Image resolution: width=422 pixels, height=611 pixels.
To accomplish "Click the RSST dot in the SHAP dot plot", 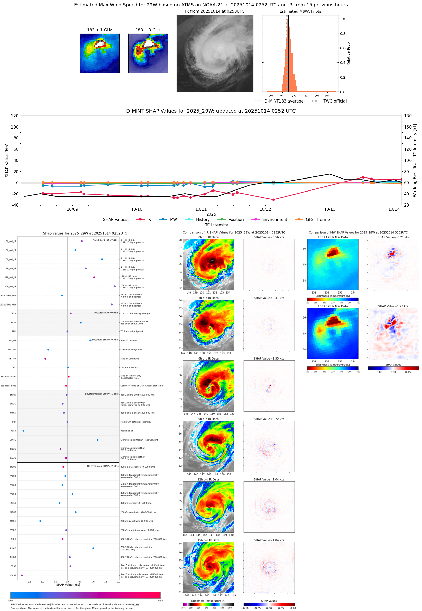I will pyautogui.click(x=23, y=431).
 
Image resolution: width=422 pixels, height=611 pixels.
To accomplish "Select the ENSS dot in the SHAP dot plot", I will pyautogui.click(x=22, y=575).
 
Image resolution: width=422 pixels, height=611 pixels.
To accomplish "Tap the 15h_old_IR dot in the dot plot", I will pyautogui.click(x=114, y=286).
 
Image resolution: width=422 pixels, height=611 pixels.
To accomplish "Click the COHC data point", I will pyautogui.click(x=98, y=440).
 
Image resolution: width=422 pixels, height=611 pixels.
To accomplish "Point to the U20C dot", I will pyautogui.click(x=40, y=521).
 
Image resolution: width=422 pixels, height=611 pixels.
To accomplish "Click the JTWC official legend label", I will pyautogui.click(x=334, y=101).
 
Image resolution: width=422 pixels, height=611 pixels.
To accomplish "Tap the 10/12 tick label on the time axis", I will pyautogui.click(x=265, y=209).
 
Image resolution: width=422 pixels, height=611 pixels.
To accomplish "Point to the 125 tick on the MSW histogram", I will pyautogui.click(x=316, y=96).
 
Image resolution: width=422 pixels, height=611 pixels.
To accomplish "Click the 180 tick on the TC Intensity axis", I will pyautogui.click(x=408, y=116).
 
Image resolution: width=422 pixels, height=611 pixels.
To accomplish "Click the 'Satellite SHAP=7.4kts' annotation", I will pyautogui.click(x=106, y=240).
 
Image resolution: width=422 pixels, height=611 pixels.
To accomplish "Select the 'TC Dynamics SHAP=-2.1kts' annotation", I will pyautogui.click(x=102, y=466).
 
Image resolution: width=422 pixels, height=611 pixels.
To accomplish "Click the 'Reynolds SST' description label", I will pyautogui.click(x=127, y=431).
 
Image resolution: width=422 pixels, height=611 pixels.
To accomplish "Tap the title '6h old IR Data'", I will pyautogui.click(x=208, y=358).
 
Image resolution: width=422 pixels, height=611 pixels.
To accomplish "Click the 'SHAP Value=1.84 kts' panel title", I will pyautogui.click(x=269, y=540).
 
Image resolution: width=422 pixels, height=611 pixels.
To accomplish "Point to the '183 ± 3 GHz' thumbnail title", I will pyautogui.click(x=148, y=30).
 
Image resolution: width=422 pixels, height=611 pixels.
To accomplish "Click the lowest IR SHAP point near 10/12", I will pyautogui.click(x=273, y=200).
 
